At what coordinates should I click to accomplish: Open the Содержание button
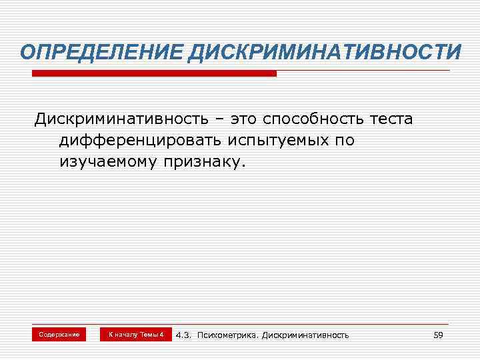tap(59, 334)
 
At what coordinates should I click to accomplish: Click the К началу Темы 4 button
tap(136, 334)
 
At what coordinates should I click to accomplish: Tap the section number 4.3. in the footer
tap(183, 335)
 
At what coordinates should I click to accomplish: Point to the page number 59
tap(438, 335)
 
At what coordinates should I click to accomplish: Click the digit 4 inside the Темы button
tap(161, 334)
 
